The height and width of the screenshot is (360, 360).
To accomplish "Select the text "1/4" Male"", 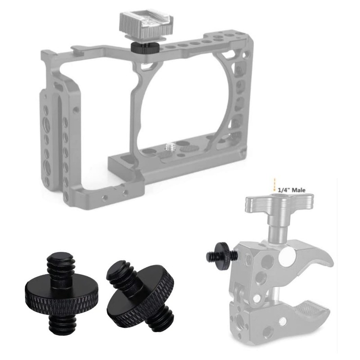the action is pos(292,190).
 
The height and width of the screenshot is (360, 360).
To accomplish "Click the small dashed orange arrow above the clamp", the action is pos(274,185).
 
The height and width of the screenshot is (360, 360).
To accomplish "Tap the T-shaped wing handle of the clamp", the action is pos(279,202).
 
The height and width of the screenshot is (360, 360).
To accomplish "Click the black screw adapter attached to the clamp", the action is pos(221,253).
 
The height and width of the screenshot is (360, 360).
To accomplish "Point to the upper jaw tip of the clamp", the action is pos(331,263).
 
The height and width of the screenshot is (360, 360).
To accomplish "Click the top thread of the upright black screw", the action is pos(60,265).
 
